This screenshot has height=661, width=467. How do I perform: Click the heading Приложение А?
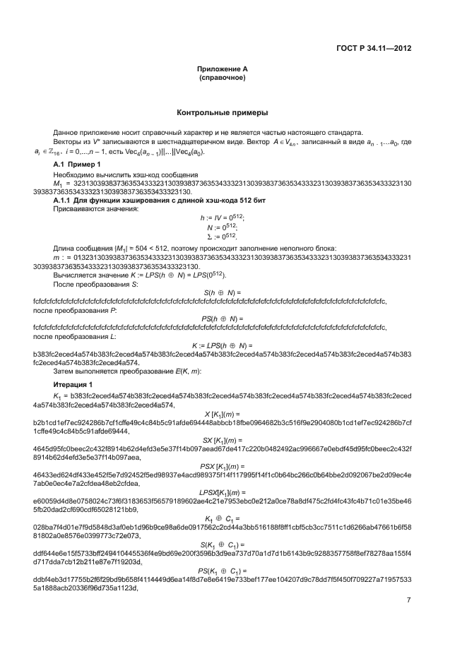[x=222, y=69]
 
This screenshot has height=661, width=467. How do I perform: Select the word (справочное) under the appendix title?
[x=222, y=77]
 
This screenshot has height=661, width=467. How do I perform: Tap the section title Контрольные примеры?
[x=222, y=112]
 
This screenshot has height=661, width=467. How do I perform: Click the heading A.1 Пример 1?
[x=73, y=164]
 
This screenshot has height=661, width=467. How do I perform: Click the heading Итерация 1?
[x=73, y=383]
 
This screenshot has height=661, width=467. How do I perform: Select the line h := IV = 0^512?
[x=222, y=218]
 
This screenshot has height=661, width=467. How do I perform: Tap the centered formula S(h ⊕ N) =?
[x=222, y=292]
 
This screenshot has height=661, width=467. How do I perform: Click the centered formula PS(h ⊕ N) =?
[x=222, y=318]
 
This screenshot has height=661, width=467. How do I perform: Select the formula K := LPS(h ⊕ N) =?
[x=222, y=345]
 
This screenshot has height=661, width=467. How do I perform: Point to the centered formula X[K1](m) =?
[x=222, y=413]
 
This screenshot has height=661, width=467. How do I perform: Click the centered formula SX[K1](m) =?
[x=222, y=439]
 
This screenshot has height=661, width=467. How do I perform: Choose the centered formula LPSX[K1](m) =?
[x=222, y=492]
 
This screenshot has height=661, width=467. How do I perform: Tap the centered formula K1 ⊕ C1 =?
[x=222, y=518]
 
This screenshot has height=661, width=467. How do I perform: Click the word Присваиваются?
[x=76, y=209]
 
